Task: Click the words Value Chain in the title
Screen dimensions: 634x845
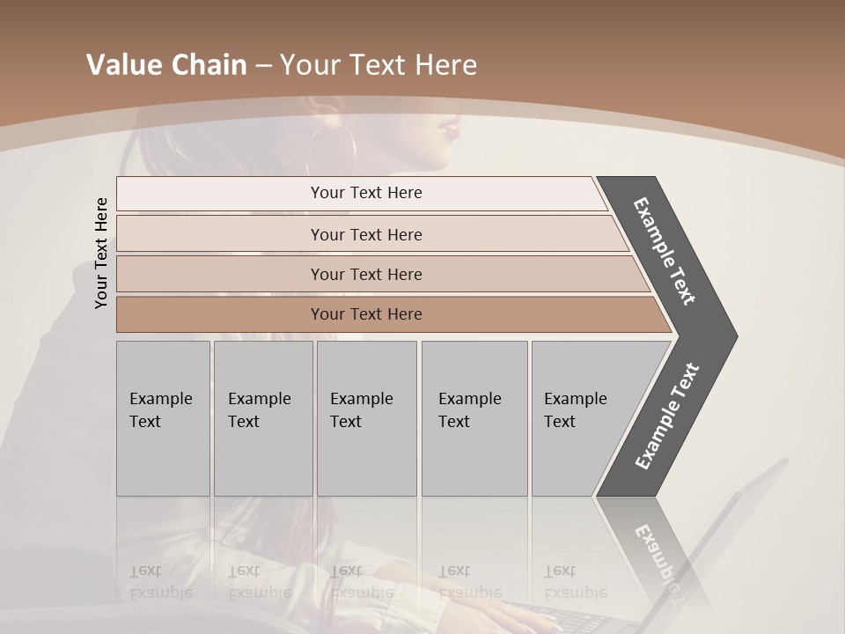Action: point(166,65)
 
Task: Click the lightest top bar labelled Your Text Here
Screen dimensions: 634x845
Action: point(365,193)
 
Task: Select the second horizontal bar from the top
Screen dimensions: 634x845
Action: point(365,234)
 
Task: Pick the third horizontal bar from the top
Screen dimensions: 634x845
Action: point(365,274)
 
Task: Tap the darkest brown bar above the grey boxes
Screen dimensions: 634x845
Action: point(365,314)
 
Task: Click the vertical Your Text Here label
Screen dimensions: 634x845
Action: point(101,253)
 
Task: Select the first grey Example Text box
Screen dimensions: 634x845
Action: point(163,418)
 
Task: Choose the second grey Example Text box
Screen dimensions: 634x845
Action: point(262,418)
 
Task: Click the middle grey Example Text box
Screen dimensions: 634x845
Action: point(366,418)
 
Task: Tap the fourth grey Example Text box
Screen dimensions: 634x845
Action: point(474,418)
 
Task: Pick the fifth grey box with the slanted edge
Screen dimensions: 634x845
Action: point(581,418)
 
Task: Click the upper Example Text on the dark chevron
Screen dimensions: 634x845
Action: point(665,251)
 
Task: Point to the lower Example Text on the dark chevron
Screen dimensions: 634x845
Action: point(667,416)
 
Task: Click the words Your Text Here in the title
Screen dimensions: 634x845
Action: point(378,65)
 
